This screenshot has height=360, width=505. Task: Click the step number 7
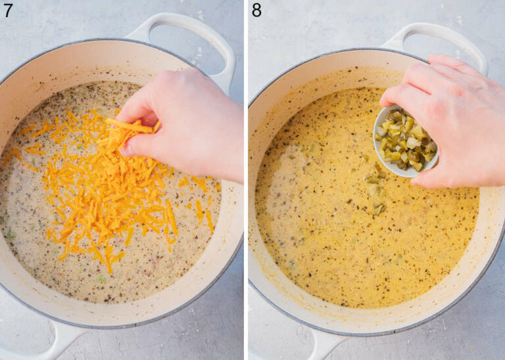pos(8,10)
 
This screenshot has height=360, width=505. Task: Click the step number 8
pos(257,10)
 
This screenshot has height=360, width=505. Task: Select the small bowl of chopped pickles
pos(404,142)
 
